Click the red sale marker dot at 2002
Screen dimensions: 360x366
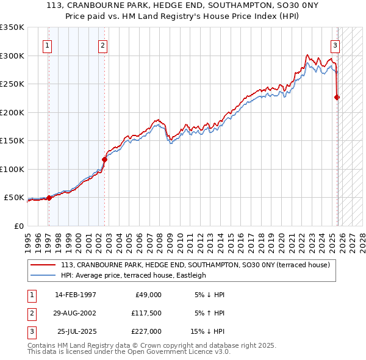coord(104,159)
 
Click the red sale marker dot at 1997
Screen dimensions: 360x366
coord(49,198)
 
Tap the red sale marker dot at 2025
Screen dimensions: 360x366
coord(337,96)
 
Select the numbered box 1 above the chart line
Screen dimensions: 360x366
coord(48,45)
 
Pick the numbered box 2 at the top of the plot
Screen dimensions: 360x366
coord(103,45)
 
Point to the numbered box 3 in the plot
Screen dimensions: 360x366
coord(335,45)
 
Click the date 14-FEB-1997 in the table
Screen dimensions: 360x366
coord(75,294)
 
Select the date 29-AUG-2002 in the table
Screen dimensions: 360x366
coord(75,312)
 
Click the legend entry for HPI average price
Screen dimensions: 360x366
coord(133,275)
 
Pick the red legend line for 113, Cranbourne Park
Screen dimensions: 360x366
coord(43,265)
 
